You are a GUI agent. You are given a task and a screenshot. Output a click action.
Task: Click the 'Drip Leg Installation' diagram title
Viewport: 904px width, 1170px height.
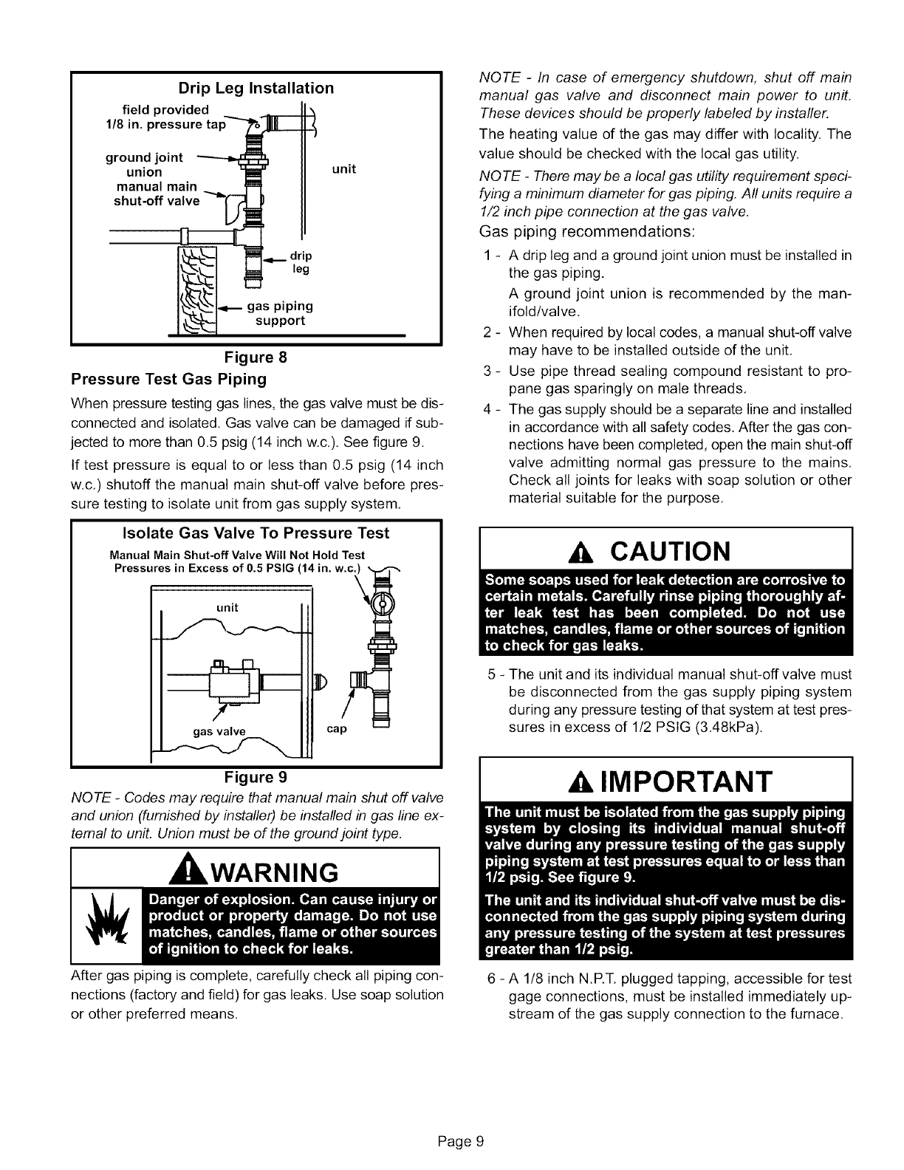click(256, 89)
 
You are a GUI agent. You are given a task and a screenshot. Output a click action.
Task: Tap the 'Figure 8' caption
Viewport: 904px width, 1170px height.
click(256, 358)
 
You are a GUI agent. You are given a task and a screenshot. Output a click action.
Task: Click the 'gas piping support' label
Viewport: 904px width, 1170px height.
click(280, 314)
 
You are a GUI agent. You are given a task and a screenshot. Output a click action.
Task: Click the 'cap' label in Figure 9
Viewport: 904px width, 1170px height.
click(336, 730)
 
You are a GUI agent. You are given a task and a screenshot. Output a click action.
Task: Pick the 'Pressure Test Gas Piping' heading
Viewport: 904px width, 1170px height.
click(168, 380)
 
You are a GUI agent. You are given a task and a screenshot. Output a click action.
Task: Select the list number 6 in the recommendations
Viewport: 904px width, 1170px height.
click(491, 979)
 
